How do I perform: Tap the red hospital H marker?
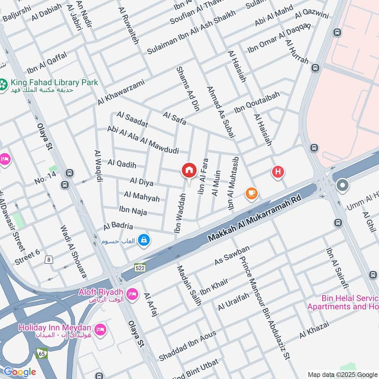click(278, 172)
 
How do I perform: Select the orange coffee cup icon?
click(251, 193)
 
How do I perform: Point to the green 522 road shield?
click(139, 268)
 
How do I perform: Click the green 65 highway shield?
click(41, 352)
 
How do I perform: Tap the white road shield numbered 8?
click(49, 259)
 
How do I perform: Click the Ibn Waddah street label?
click(180, 214)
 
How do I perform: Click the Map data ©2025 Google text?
click(343, 374)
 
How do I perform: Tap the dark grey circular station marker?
click(342, 186)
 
